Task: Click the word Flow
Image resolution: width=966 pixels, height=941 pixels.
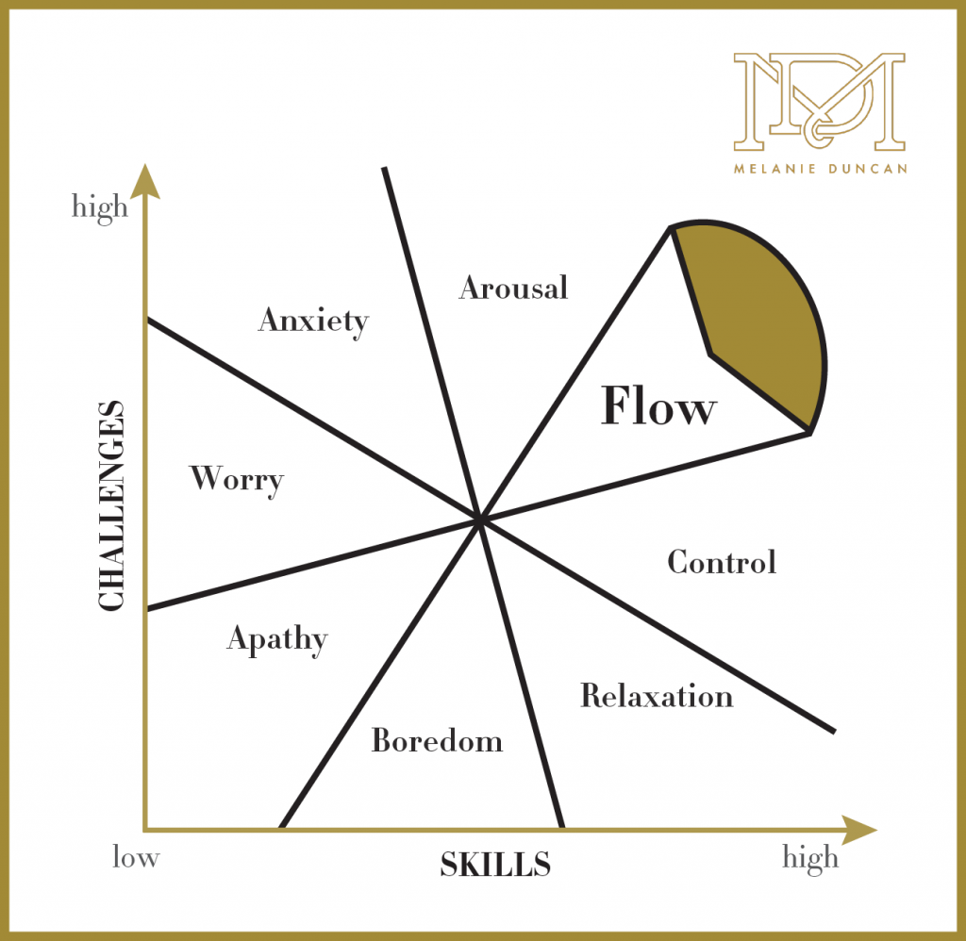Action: (x=658, y=405)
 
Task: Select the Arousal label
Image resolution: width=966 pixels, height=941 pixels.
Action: (x=514, y=288)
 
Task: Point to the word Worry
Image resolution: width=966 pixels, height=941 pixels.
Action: (x=237, y=480)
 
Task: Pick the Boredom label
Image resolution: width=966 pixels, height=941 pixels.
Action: (x=437, y=740)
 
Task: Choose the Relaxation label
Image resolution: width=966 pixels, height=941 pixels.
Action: (x=657, y=696)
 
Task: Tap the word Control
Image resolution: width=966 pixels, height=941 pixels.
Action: (x=722, y=562)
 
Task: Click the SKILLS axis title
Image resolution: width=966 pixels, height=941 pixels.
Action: (x=495, y=864)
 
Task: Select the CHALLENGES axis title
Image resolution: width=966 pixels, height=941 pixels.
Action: (x=111, y=505)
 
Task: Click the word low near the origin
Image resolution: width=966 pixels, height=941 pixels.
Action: (x=136, y=857)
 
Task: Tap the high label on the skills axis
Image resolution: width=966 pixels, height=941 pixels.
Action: (x=810, y=858)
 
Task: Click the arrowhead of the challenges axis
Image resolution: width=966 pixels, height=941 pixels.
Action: (x=145, y=182)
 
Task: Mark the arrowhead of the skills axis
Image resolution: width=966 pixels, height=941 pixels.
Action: (x=859, y=830)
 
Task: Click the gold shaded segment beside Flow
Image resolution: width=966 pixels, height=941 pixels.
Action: (x=764, y=314)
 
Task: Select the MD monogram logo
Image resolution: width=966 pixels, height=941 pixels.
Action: (x=820, y=102)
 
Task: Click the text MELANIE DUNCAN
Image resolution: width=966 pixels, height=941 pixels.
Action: (x=820, y=169)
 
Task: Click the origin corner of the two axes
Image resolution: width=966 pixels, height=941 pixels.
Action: (x=145, y=830)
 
